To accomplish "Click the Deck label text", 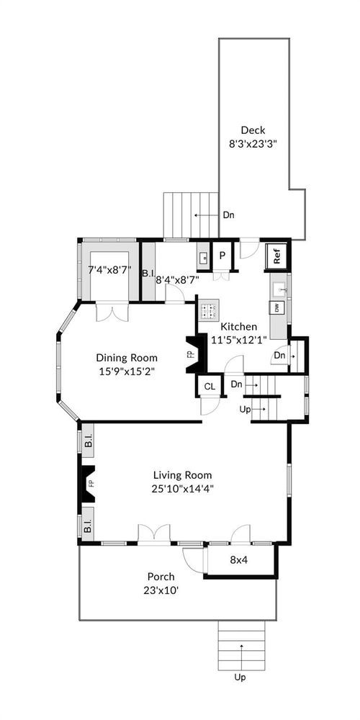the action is click(253, 130).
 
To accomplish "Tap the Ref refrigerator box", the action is click(277, 256).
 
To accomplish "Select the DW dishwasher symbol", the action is click(278, 308).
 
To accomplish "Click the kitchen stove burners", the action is click(209, 309).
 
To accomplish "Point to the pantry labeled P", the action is click(222, 256).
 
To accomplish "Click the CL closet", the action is click(210, 386).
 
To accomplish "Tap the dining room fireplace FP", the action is click(192, 354).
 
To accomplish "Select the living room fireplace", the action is click(88, 484).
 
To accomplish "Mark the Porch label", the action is click(161, 576).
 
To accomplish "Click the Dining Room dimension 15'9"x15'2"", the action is click(127, 372).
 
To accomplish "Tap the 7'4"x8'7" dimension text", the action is click(109, 269).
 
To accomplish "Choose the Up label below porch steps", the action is click(240, 678).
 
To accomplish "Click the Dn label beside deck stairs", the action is click(228, 215).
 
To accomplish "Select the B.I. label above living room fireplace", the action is click(89, 444).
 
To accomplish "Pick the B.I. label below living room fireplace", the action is click(89, 526).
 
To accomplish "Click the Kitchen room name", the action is click(239, 327).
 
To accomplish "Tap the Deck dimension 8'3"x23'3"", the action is click(253, 143).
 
